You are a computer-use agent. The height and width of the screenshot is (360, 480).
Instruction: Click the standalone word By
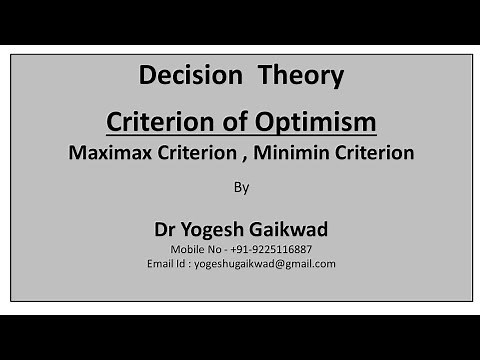pos(241,186)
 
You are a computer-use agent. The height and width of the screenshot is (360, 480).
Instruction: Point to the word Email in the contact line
pos(161,263)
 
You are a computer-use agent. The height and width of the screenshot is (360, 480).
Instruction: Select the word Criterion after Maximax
pos(193,153)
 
